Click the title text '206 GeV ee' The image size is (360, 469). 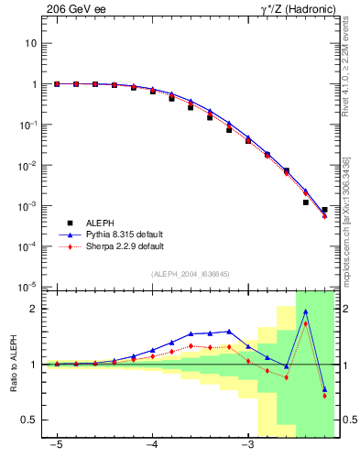74,10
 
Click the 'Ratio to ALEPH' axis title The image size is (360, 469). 13,364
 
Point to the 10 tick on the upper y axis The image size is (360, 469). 31,43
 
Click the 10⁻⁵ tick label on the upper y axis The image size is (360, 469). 29,288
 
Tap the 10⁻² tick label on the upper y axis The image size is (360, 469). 29,166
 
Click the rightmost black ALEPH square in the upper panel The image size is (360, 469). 324,210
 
